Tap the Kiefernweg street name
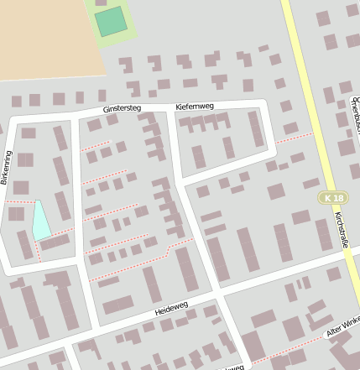click(x=195, y=107)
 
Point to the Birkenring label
click(x=6, y=168)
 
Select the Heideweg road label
click(x=173, y=310)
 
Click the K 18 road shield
click(x=332, y=197)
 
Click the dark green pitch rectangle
click(x=110, y=21)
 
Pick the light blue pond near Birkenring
click(x=39, y=220)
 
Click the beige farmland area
click(x=42, y=38)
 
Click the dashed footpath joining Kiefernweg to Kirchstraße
click(x=294, y=137)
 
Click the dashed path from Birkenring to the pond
click(x=18, y=202)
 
